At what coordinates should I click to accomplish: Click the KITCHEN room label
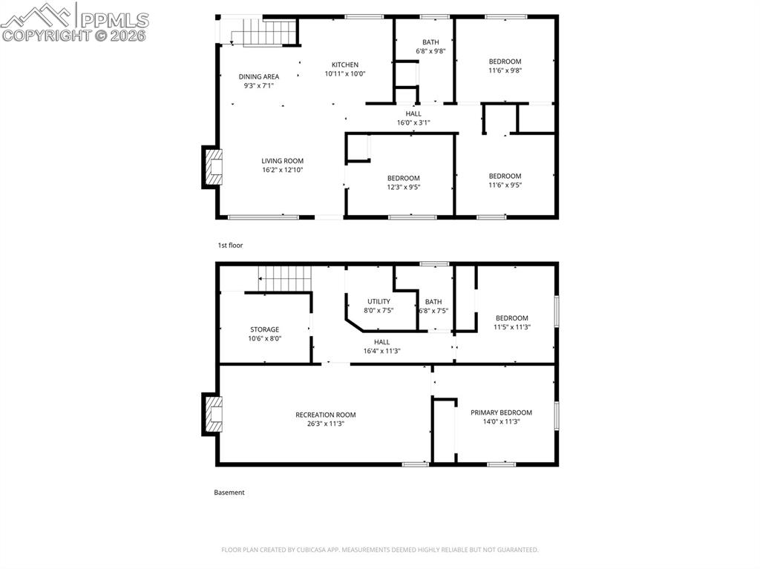click(x=344, y=65)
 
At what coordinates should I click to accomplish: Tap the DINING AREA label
click(x=258, y=76)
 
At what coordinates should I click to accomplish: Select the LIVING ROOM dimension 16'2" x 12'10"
click(x=282, y=170)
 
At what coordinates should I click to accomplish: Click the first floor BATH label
click(x=430, y=42)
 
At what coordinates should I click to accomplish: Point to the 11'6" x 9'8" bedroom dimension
click(x=505, y=71)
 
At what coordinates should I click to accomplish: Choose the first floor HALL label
click(x=413, y=114)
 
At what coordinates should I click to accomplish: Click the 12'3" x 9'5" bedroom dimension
click(x=403, y=187)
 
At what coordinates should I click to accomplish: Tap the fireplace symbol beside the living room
click(x=212, y=168)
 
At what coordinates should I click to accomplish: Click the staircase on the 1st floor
click(x=263, y=33)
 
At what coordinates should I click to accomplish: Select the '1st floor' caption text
click(x=230, y=245)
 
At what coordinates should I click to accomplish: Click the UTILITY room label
click(x=379, y=301)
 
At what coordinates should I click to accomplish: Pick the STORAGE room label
click(x=264, y=329)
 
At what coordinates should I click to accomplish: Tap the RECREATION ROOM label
click(x=325, y=415)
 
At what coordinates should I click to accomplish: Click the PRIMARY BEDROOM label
click(x=501, y=412)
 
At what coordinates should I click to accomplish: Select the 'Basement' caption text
click(x=229, y=492)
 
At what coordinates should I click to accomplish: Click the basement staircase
click(x=284, y=280)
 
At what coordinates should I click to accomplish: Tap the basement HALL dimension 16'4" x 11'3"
click(x=381, y=351)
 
